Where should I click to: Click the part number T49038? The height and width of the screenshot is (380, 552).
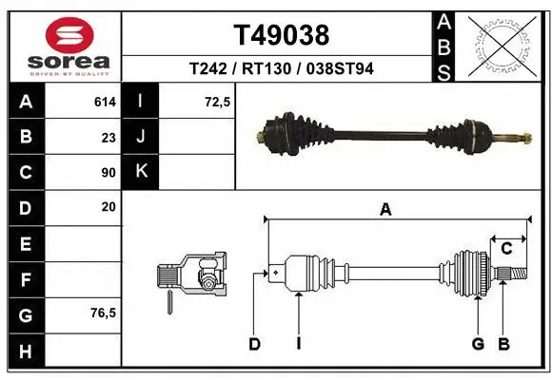coord(281,35)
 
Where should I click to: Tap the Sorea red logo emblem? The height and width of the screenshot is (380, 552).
coord(69,35)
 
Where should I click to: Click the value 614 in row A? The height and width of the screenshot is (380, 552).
coord(105,101)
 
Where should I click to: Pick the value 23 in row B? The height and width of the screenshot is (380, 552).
coord(108,137)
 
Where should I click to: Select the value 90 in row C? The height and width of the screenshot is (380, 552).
coord(108,173)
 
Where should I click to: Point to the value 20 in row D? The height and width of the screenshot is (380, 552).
coord(108,207)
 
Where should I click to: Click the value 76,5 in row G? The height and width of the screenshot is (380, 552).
coord(104,313)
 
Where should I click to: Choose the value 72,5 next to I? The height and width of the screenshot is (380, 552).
coord(218,101)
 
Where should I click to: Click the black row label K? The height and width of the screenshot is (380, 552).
coord(142,172)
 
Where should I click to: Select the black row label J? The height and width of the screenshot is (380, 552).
coord(142,137)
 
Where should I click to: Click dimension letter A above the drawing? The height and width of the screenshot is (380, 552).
coord(385,211)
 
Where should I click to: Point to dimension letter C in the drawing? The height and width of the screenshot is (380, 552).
coord(507,249)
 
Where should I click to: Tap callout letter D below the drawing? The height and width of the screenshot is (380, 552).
coord(254,344)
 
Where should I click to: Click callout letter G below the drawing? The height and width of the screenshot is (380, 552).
coord(478,344)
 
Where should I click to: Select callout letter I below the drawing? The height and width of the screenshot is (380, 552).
coord(298,344)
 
